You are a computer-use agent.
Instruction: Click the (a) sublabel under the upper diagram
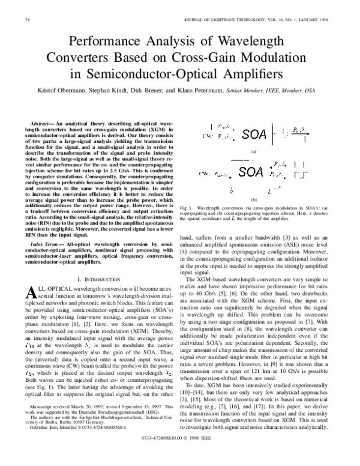point(253,152)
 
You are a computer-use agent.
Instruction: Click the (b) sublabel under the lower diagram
point(253,199)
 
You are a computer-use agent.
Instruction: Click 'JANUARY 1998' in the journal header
point(314,21)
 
